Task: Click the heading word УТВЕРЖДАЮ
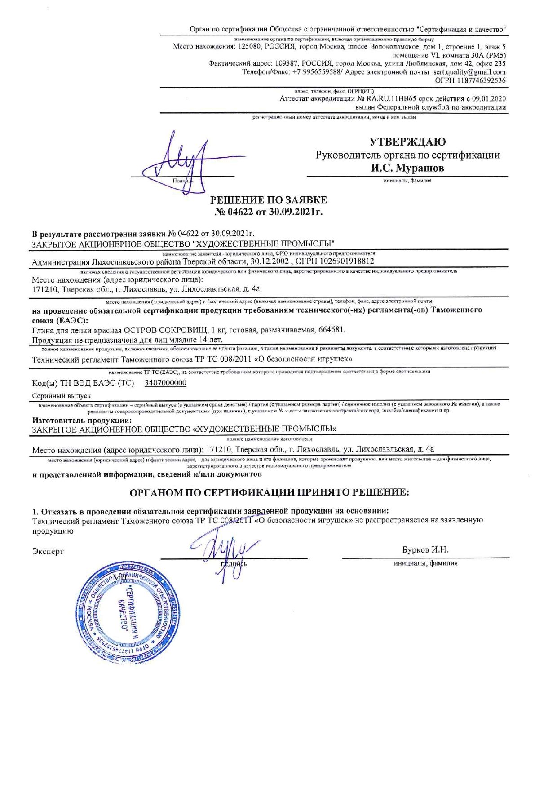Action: [407, 142]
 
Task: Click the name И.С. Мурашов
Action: [407, 168]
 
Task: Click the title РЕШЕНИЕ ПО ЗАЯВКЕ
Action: [269, 200]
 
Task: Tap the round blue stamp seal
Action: [129, 614]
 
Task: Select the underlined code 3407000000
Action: [165, 383]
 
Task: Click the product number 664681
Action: [332, 330]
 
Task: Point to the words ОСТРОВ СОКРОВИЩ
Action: [161, 330]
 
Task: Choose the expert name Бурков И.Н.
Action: [425, 550]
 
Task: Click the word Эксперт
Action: [48, 551]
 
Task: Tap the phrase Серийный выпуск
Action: [62, 396]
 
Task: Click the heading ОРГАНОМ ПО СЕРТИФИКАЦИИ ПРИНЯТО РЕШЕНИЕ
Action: [270, 492]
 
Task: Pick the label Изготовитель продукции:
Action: [82, 421]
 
